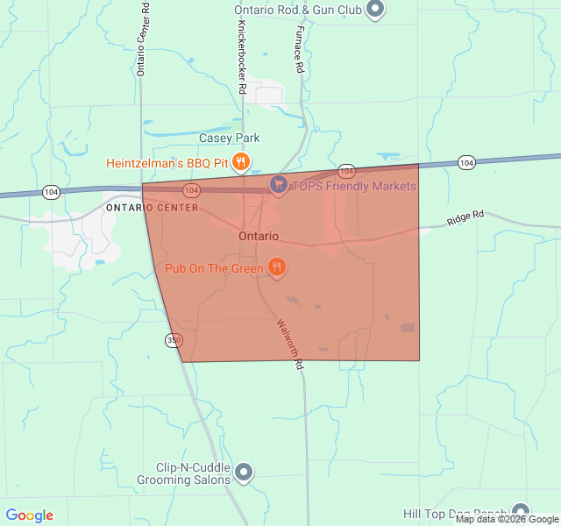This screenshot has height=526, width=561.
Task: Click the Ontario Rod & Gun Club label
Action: (x=298, y=11)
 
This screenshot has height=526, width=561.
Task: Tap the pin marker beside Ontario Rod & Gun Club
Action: (x=375, y=10)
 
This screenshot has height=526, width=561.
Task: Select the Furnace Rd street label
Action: (x=299, y=49)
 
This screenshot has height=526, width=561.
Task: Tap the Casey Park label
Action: (x=230, y=138)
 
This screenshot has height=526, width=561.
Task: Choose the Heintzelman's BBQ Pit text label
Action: (x=167, y=162)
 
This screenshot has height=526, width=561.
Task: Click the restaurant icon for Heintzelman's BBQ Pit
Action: (x=242, y=161)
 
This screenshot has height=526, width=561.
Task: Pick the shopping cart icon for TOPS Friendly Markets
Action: (x=279, y=185)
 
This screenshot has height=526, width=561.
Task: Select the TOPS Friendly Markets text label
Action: (x=354, y=186)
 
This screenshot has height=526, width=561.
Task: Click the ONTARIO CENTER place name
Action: (x=152, y=208)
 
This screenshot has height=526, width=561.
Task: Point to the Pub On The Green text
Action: (x=214, y=267)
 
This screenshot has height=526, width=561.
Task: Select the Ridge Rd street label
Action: (x=465, y=218)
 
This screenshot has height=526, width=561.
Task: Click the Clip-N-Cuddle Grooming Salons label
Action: (x=183, y=473)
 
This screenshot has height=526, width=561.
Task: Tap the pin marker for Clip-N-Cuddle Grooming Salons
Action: (x=245, y=473)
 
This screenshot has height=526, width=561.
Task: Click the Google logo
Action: (x=30, y=515)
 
